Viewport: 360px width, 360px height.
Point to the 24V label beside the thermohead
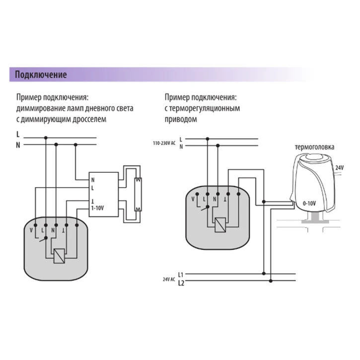point(339,168)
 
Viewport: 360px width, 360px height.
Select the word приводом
point(181,120)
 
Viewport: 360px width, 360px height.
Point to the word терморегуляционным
point(206,108)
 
